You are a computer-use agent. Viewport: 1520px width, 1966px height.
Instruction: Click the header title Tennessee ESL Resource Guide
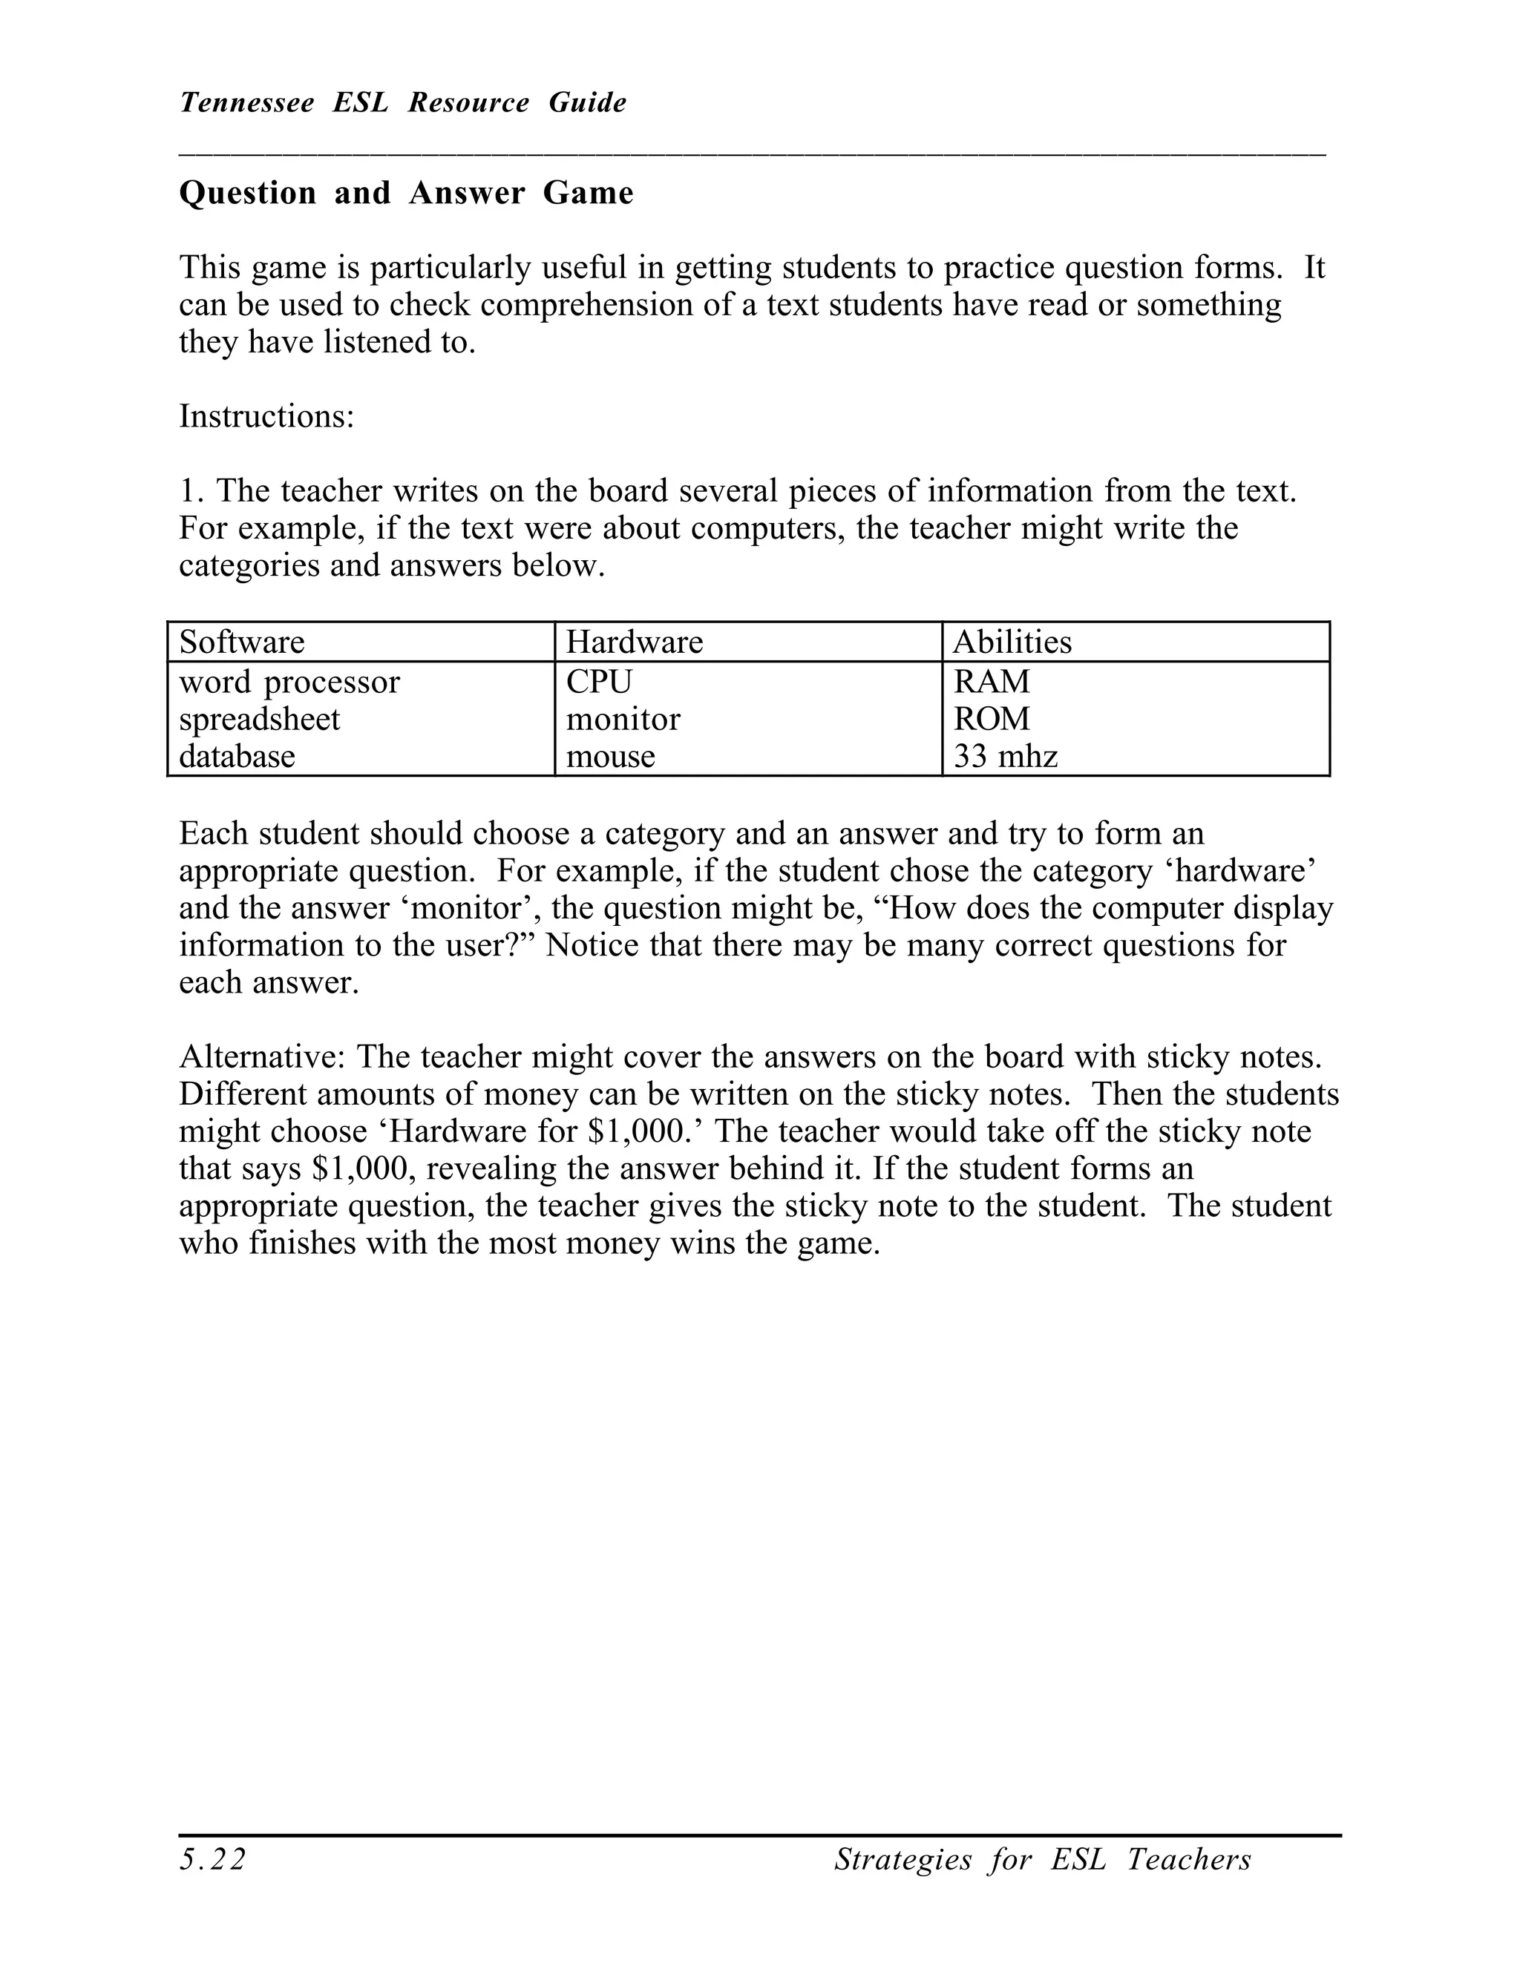(x=402, y=102)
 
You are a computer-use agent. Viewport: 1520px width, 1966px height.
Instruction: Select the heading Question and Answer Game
(x=406, y=194)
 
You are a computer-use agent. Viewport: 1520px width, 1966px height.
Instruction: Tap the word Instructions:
(x=266, y=417)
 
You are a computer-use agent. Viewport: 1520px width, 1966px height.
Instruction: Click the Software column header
(x=242, y=642)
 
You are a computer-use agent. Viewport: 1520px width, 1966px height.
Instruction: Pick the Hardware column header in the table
(x=634, y=642)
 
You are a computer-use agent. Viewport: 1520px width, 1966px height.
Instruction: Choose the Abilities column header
(x=1012, y=642)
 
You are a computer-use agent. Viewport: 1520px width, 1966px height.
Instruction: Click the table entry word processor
(x=289, y=683)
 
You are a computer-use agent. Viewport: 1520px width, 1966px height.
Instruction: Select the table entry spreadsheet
(x=259, y=719)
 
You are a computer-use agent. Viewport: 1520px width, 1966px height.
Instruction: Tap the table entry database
(x=237, y=756)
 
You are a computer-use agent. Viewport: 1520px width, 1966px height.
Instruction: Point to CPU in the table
(x=599, y=683)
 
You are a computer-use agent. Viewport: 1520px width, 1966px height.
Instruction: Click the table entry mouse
(x=611, y=756)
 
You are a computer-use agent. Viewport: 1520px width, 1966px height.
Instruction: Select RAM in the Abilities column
(x=992, y=683)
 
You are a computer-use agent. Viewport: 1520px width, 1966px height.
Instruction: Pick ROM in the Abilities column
(x=992, y=719)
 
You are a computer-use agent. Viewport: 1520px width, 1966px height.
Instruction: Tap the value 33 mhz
(x=1005, y=756)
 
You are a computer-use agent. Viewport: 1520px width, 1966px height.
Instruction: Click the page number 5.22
(x=212, y=1859)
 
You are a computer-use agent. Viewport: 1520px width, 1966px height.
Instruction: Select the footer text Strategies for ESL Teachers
(x=1042, y=1859)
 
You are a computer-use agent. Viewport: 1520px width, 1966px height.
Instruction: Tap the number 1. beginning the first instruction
(x=191, y=491)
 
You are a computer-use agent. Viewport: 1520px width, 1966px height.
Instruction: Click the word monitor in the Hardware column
(x=623, y=719)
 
